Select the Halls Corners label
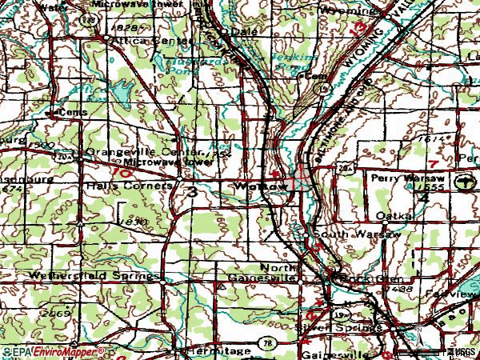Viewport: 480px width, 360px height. [x=128, y=186]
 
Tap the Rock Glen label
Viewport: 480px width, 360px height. [x=354, y=278]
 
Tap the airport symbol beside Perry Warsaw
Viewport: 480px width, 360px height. [x=465, y=184]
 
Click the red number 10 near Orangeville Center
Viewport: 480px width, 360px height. [x=123, y=171]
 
